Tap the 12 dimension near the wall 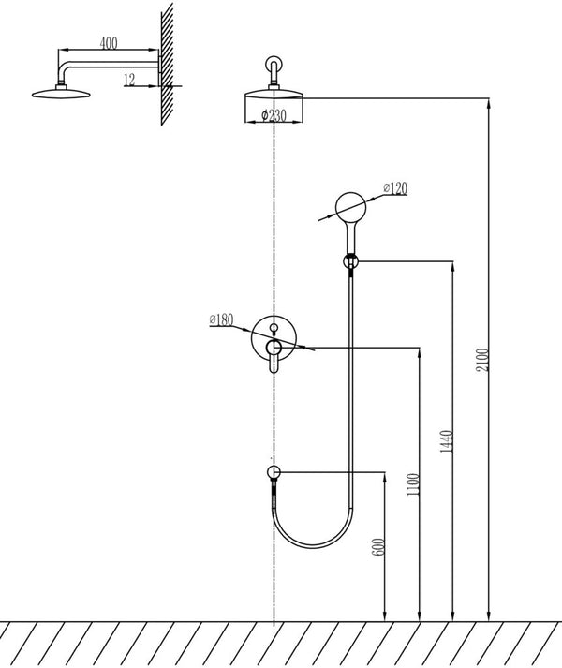[x=129, y=80]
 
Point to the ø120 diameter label [x=396, y=188]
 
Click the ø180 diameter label [x=221, y=319]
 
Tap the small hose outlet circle [x=273, y=473]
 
